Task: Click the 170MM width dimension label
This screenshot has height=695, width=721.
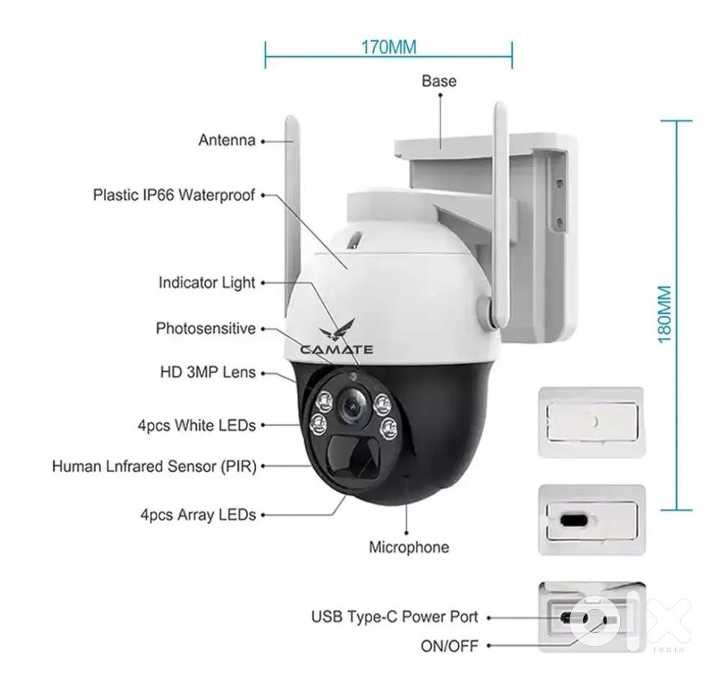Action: point(389,48)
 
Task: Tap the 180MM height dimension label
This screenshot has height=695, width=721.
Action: point(664,315)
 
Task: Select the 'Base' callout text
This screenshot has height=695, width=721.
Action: point(438,80)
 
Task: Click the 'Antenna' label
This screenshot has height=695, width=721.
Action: point(226,140)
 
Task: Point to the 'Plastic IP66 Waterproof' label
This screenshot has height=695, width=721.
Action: point(174,195)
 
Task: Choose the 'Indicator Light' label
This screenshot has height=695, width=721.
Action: point(207,283)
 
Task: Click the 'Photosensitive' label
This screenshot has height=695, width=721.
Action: point(205,329)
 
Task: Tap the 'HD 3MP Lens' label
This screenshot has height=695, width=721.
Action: point(208,372)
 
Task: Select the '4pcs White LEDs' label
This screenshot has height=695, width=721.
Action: point(197,426)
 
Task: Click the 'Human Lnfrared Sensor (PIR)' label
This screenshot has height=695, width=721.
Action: point(154,466)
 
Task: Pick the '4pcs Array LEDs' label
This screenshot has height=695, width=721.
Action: point(198,515)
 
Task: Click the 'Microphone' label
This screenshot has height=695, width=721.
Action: point(409,548)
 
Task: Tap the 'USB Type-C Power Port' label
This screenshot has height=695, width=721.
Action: point(394,617)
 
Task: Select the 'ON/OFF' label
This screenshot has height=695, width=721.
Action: point(449,646)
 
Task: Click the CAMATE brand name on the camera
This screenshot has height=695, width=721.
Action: point(337,350)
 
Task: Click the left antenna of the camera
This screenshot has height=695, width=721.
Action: point(292,209)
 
